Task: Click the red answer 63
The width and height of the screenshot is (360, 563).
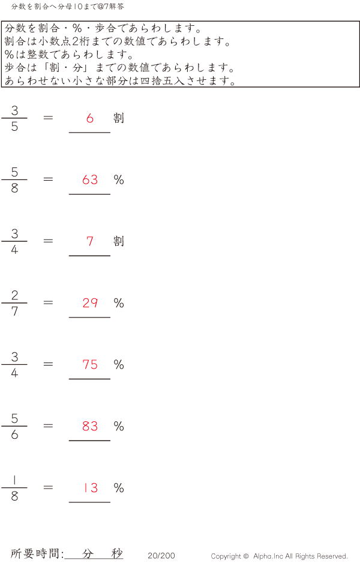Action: point(90,179)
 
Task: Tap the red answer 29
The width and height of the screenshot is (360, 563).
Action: point(90,303)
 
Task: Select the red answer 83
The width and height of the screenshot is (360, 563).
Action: point(90,426)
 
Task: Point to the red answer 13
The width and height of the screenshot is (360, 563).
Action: point(90,488)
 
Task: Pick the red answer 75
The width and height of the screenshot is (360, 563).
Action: point(90,364)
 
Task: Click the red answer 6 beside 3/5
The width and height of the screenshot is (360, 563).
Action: point(90,118)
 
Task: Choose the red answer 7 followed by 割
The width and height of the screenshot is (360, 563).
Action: point(90,241)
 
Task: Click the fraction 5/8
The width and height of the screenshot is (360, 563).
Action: point(14,180)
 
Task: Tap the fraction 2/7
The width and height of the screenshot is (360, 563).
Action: point(14,303)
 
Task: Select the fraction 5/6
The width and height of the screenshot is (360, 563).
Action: point(14,426)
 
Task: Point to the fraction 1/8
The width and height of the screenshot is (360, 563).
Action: point(14,488)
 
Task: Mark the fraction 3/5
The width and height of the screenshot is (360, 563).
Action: point(14,118)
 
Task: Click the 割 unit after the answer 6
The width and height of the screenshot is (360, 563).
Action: point(119,118)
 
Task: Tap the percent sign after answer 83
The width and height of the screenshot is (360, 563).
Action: point(119,426)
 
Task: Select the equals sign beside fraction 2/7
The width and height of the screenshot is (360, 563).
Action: point(48,303)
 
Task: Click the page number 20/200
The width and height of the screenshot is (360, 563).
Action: point(161,556)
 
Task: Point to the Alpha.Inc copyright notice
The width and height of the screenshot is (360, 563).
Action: point(279,556)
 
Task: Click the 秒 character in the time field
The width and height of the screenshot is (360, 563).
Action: point(117,554)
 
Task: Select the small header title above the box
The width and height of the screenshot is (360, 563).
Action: point(68,7)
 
